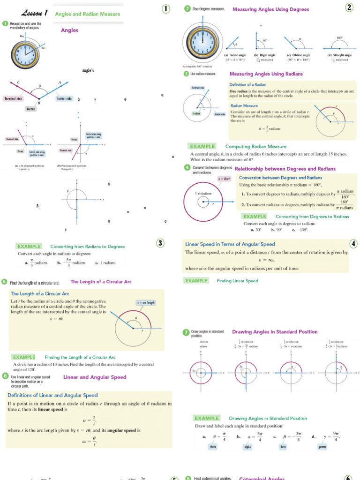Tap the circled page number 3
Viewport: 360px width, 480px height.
tap(160, 243)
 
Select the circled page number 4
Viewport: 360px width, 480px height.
tap(353, 243)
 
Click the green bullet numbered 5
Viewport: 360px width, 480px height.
tap(4, 282)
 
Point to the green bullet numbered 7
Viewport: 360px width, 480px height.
tap(186, 333)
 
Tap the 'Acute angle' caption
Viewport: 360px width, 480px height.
tap(235, 55)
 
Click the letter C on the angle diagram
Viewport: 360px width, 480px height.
tap(18, 83)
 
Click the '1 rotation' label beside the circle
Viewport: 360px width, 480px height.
tap(202, 193)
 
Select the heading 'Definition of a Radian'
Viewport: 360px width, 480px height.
tap(248, 84)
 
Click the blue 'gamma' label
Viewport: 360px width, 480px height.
tap(322, 447)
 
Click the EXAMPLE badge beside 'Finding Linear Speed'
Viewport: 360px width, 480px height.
tap(196, 281)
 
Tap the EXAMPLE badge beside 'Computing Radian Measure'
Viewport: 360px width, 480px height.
tap(202, 146)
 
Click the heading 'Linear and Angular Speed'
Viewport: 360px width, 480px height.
tap(94, 377)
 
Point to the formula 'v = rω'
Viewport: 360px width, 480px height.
tap(265, 261)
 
